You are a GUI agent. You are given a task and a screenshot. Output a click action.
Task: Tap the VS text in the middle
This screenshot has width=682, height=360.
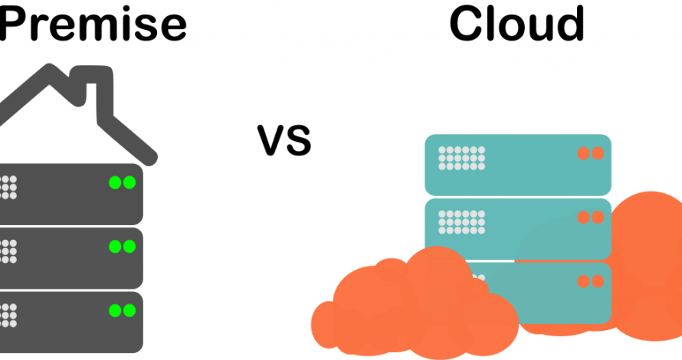click(x=284, y=140)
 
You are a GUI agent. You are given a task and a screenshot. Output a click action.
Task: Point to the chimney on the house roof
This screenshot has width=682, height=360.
click(x=92, y=87)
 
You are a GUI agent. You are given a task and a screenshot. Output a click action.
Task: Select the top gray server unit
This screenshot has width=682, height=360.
click(x=71, y=194)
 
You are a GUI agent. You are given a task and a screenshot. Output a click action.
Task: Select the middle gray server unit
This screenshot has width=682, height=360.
click(x=71, y=258)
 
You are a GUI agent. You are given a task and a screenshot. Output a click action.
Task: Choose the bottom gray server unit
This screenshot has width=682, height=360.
click(x=71, y=322)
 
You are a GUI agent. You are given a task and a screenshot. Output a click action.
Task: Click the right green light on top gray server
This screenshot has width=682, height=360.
click(x=130, y=182)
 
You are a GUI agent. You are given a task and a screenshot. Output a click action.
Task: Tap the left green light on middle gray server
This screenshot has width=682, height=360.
click(x=115, y=247)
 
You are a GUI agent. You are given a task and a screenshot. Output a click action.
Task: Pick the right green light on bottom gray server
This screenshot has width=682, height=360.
click(x=130, y=310)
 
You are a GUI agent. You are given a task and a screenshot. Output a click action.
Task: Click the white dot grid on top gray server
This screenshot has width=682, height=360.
click(x=8, y=187)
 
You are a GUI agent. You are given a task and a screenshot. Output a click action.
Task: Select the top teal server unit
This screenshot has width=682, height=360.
click(x=518, y=165)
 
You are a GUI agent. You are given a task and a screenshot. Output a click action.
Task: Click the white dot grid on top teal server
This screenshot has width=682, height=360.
click(x=461, y=158)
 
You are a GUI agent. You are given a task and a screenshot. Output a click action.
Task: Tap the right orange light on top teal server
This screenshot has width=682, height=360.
click(x=598, y=153)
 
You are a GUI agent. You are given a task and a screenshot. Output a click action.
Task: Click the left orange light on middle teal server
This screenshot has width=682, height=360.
click(x=583, y=217)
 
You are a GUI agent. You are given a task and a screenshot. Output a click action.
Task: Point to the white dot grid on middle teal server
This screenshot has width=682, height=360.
click(x=461, y=221)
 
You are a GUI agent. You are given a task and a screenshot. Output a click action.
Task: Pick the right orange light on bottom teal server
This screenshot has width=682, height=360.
click(x=598, y=281)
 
